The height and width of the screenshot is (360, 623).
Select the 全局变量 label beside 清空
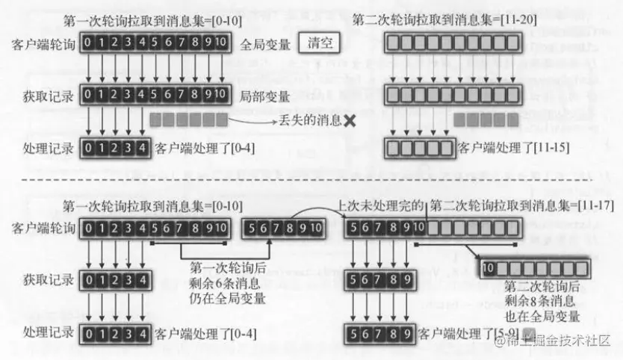click(265, 45)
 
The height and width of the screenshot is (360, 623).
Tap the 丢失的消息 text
click(311, 120)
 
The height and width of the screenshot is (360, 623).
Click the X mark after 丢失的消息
click(350, 120)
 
